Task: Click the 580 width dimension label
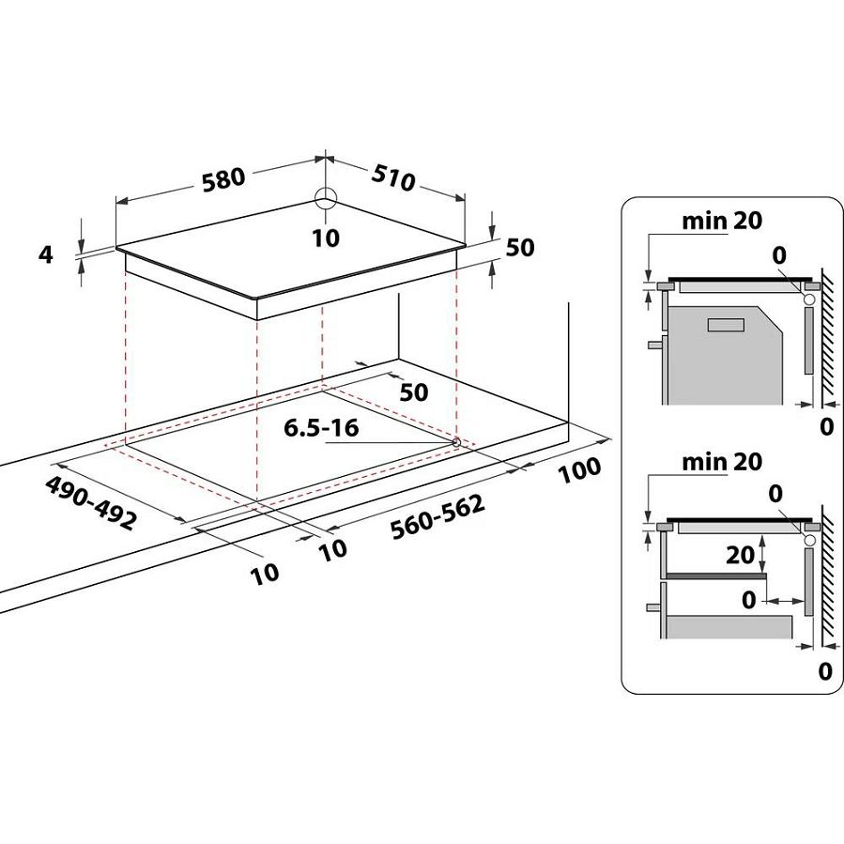pyautogui.click(x=222, y=177)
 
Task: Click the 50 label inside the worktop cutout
pyautogui.click(x=413, y=391)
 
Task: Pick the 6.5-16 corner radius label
pyautogui.click(x=321, y=428)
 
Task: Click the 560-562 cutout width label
pyautogui.click(x=439, y=516)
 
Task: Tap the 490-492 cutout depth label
pyautogui.click(x=90, y=502)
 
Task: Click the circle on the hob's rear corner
pyautogui.click(x=325, y=199)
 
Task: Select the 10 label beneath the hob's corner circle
pyautogui.click(x=325, y=238)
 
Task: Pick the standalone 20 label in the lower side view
pyautogui.click(x=740, y=554)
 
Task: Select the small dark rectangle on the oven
pyautogui.click(x=725, y=324)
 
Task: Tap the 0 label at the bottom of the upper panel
pyautogui.click(x=826, y=427)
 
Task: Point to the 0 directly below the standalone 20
pyautogui.click(x=747, y=597)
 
